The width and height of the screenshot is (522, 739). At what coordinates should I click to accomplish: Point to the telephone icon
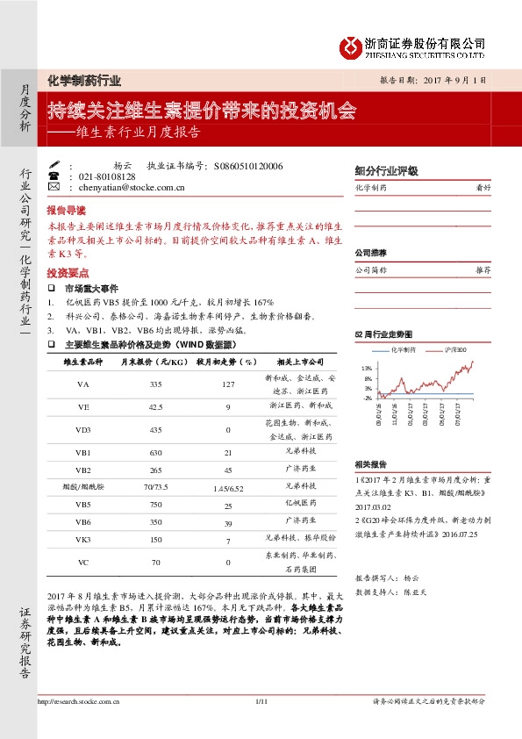54,176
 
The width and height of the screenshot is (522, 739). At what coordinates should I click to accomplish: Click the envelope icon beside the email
54,187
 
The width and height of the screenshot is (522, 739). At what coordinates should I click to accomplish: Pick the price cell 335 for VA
155,384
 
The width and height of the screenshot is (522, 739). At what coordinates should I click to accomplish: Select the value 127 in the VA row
226,384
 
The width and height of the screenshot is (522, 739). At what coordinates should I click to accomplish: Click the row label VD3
83,430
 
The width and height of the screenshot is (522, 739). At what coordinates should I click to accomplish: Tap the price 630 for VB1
156,452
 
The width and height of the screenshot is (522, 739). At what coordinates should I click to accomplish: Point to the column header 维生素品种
83,362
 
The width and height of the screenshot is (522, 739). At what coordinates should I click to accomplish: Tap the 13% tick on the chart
367,368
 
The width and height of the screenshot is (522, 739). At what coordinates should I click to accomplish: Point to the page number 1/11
260,700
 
